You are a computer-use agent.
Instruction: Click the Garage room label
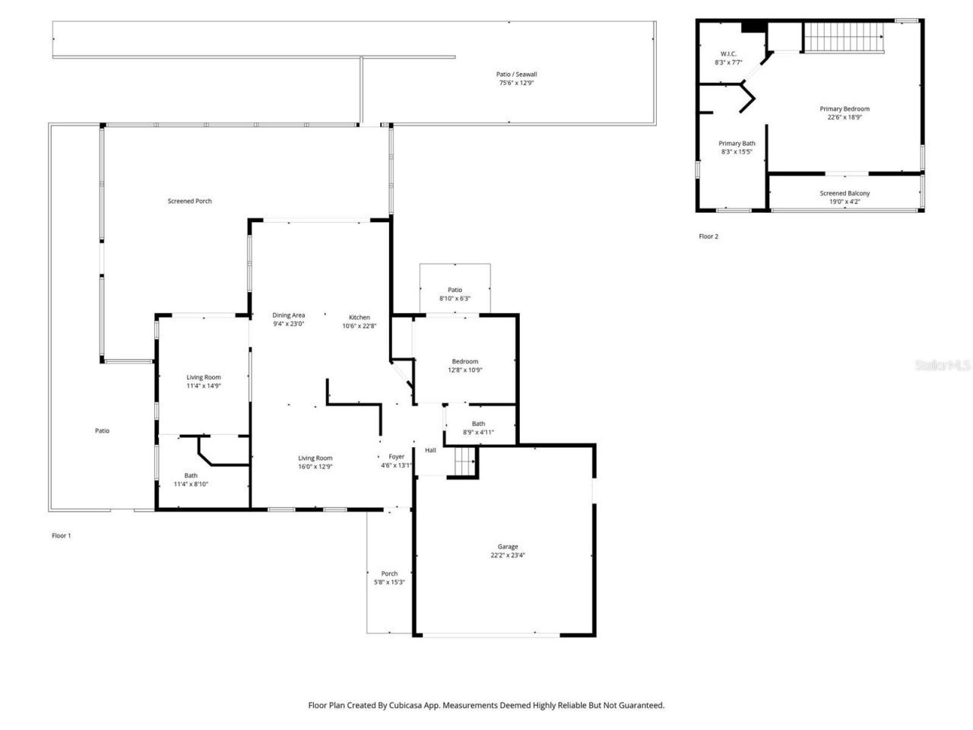click(508, 547)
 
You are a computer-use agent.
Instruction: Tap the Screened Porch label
click(189, 201)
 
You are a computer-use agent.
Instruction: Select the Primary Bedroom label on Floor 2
click(844, 109)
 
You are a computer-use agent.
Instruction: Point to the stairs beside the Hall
click(464, 461)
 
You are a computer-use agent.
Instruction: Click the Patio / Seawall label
click(517, 75)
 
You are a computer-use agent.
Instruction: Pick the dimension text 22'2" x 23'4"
click(508, 556)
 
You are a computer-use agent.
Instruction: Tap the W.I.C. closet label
click(728, 54)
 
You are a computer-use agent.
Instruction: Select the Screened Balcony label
click(845, 193)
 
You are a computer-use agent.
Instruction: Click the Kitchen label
click(360, 317)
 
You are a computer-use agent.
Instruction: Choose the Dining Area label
click(289, 315)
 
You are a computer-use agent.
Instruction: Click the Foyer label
click(396, 456)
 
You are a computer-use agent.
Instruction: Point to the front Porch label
click(389, 573)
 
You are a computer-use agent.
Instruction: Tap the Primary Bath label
click(737, 143)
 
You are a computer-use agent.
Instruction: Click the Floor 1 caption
click(61, 535)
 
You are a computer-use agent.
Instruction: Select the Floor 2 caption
click(708, 236)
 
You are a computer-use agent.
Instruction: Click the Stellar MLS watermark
click(943, 366)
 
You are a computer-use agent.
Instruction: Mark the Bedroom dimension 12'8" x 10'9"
click(464, 370)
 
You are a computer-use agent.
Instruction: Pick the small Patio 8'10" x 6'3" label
click(455, 290)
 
